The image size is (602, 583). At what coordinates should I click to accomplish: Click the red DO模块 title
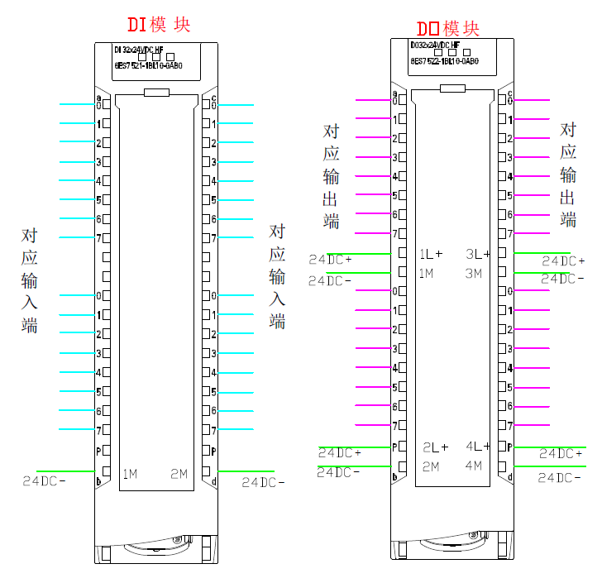[447, 29]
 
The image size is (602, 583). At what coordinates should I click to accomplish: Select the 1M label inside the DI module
[130, 474]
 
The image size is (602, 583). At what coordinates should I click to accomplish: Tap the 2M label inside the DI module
[179, 474]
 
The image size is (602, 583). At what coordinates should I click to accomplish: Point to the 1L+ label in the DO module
[431, 254]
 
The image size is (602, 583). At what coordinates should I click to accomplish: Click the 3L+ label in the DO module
[478, 254]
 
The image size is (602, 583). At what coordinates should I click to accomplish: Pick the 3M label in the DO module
[473, 273]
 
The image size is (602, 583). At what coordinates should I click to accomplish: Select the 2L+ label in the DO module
[435, 447]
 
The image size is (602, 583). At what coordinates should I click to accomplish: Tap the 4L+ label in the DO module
[478, 447]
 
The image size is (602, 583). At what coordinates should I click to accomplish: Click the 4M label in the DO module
[473, 466]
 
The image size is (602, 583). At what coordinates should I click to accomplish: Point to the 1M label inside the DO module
[427, 273]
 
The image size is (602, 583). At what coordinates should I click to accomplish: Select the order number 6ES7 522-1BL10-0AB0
[444, 60]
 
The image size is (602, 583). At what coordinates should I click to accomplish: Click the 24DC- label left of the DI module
[44, 480]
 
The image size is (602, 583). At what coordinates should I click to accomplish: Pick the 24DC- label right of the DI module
[263, 482]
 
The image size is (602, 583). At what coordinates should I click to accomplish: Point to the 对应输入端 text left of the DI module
[30, 280]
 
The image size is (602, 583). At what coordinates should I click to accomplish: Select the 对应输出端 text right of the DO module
[568, 174]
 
